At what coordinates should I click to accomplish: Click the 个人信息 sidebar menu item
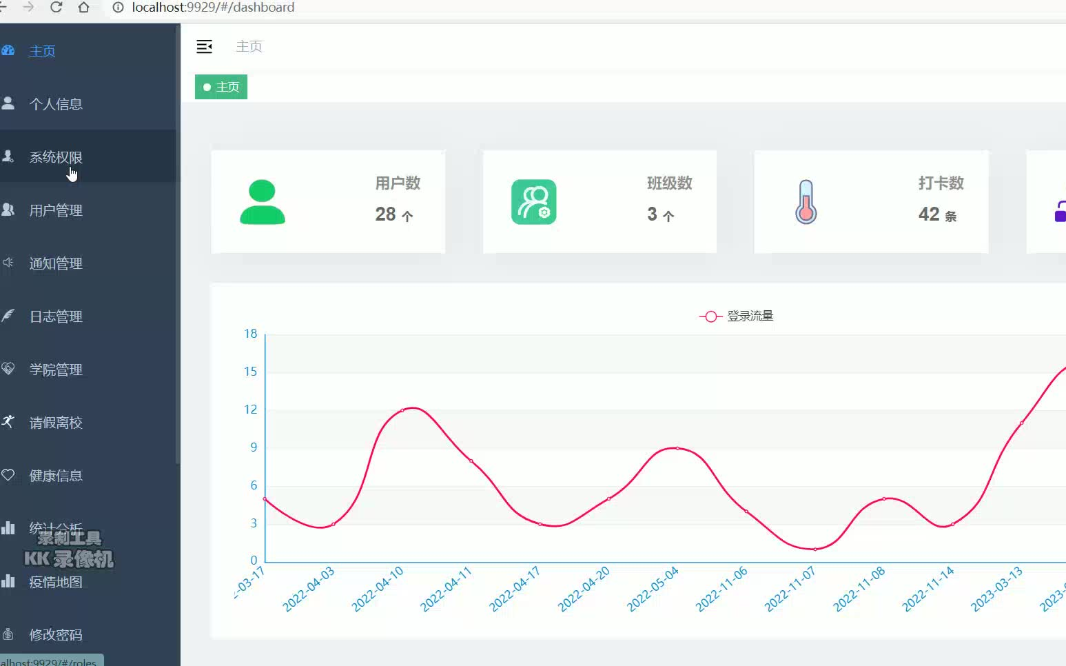pyautogui.click(x=55, y=104)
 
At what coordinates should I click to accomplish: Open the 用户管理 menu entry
pyautogui.click(x=55, y=210)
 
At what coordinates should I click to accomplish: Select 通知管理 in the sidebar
pyautogui.click(x=55, y=263)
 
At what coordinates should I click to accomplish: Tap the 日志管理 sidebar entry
pyautogui.click(x=55, y=316)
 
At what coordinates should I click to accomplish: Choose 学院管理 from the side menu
pyautogui.click(x=55, y=370)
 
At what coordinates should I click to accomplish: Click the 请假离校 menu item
pyautogui.click(x=55, y=423)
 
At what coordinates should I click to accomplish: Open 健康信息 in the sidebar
pyautogui.click(x=55, y=476)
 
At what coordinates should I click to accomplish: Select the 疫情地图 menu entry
pyautogui.click(x=55, y=582)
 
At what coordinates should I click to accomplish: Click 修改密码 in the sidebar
pyautogui.click(x=55, y=635)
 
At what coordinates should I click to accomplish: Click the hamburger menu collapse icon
pyautogui.click(x=204, y=47)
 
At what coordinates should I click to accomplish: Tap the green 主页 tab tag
pyautogui.click(x=221, y=88)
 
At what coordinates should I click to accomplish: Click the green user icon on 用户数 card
pyautogui.click(x=262, y=202)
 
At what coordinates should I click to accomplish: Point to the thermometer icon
pyautogui.click(x=806, y=202)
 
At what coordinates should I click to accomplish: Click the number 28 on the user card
pyautogui.click(x=385, y=214)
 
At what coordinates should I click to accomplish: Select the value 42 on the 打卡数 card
pyautogui.click(x=929, y=214)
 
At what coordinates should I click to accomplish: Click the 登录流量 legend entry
pyautogui.click(x=737, y=316)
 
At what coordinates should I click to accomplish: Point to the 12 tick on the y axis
pyautogui.click(x=251, y=410)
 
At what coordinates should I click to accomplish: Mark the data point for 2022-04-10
pyautogui.click(x=402, y=411)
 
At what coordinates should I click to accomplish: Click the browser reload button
pyautogui.click(x=57, y=7)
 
